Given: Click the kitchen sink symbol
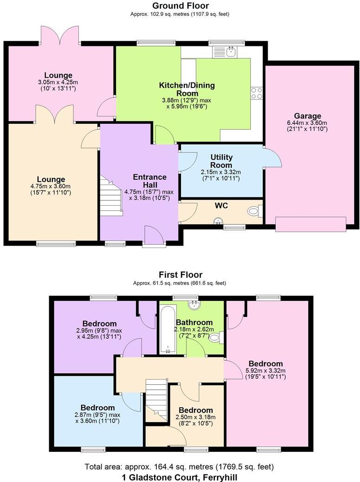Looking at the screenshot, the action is (224, 51).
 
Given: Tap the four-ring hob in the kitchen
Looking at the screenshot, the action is (257, 93).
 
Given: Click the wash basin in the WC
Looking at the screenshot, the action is (218, 221).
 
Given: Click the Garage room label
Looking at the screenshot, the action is (308, 116).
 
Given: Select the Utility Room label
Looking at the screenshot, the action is (221, 161).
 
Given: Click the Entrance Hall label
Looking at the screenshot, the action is (150, 181).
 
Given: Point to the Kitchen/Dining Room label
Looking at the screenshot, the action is (187, 89).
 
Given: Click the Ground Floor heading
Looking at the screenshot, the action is (180, 6).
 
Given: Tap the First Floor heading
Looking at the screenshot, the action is (180, 274).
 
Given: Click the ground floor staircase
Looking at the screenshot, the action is (111, 196).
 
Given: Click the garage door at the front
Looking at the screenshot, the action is (311, 224).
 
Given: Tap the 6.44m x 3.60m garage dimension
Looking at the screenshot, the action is (307, 123).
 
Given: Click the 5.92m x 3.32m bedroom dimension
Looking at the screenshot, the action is (265, 370).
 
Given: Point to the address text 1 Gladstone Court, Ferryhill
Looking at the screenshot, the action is (180, 478).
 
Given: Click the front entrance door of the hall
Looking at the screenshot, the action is (154, 236).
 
